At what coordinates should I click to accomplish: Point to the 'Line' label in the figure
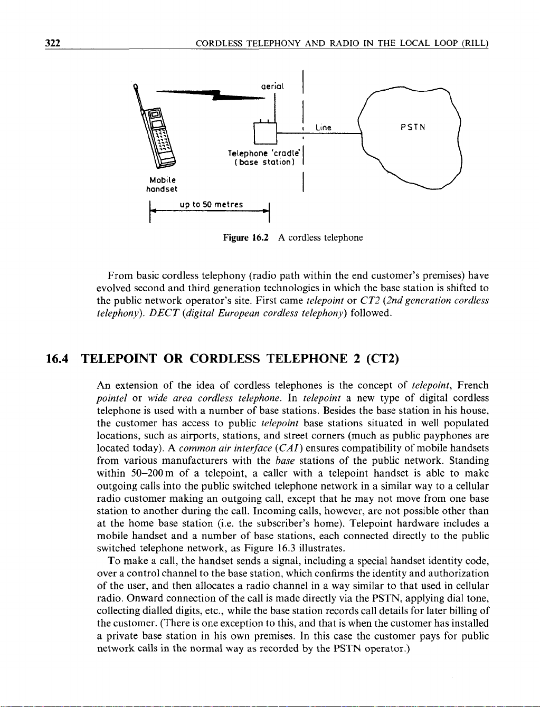[323, 128]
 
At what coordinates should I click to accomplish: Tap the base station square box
[266, 132]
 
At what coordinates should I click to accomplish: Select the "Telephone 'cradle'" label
[264, 153]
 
